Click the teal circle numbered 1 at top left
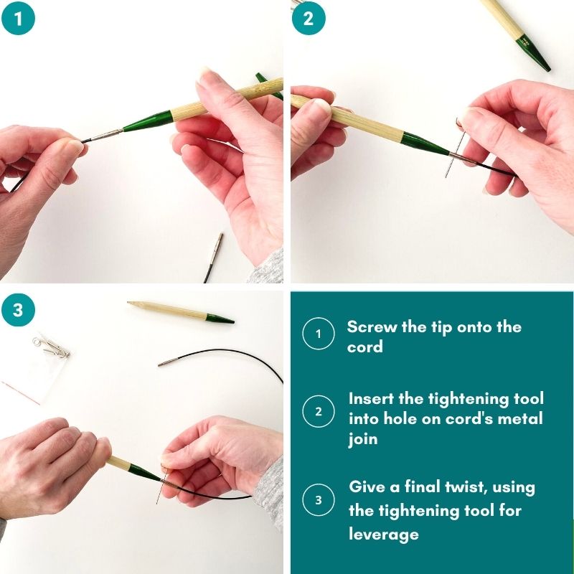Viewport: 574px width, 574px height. pyautogui.click(x=19, y=18)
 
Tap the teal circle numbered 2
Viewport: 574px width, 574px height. pyautogui.click(x=309, y=18)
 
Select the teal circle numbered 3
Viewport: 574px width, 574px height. pyautogui.click(x=19, y=310)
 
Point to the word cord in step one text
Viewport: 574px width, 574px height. pyautogui.click(x=364, y=347)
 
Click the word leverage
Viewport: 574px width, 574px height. pyautogui.click(x=384, y=535)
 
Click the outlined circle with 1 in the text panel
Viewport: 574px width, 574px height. pyautogui.click(x=319, y=334)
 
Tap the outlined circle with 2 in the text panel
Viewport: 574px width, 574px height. pyautogui.click(x=319, y=411)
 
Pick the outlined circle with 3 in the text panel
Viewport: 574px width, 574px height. pyautogui.click(x=319, y=499)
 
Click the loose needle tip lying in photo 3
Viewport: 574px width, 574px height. pyautogui.click(x=181, y=312)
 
